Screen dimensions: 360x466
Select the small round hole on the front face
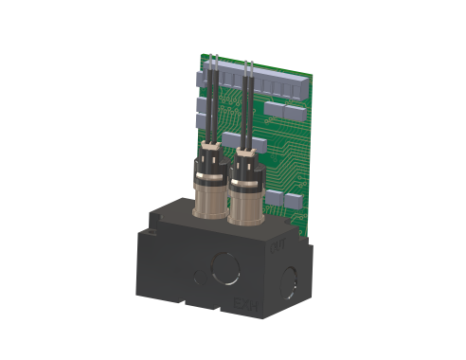pos(196,277)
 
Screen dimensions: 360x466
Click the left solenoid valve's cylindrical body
pos(207,194)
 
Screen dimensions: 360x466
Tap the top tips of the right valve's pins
pos(250,63)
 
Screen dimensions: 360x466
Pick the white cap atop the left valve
pos(210,143)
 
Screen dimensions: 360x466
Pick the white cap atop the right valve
pos(247,146)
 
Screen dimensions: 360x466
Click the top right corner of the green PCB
pos(315,73)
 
